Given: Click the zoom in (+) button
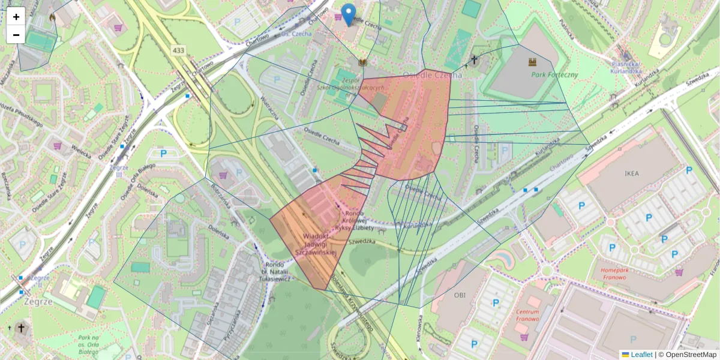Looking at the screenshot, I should [16, 17].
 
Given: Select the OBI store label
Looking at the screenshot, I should [460, 295].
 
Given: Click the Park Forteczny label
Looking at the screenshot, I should [554, 75].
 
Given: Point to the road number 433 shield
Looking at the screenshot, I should [178, 50].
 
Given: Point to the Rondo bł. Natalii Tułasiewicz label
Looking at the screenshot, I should [275, 272].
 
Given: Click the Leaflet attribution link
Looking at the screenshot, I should [641, 355].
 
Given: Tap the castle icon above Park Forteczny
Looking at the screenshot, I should [532, 61].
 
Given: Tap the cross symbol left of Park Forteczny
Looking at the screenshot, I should [474, 59].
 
